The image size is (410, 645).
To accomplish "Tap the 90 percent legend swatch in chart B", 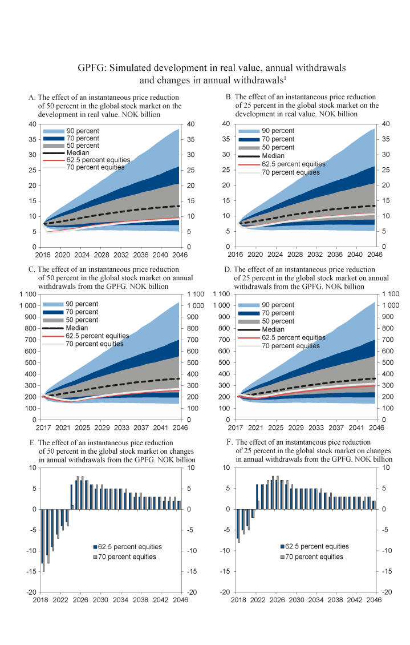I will coord(249,131).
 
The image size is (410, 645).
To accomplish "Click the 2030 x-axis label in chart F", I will coord(296,600).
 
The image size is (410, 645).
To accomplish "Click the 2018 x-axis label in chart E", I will coord(40,600).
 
